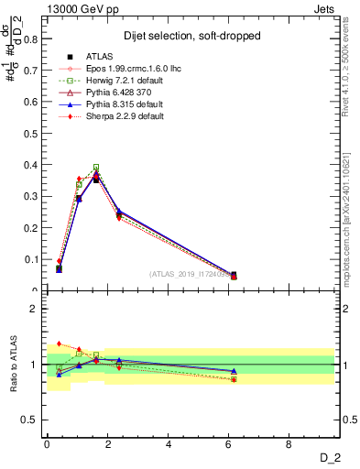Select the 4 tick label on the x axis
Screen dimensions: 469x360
169,443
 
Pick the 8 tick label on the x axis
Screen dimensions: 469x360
289,443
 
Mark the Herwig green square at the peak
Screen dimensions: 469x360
96,168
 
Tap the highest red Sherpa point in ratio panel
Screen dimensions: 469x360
60,344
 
